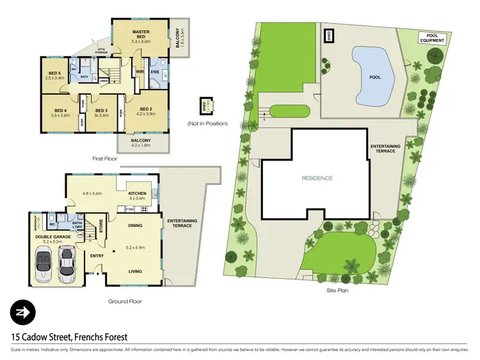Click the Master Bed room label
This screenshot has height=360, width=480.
tap(140, 35)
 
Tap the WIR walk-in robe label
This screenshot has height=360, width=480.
tap(140, 72)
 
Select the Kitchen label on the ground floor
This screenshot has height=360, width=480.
tap(138, 194)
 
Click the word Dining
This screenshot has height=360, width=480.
tap(136, 225)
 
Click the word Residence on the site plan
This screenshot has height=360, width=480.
tap(317, 178)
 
